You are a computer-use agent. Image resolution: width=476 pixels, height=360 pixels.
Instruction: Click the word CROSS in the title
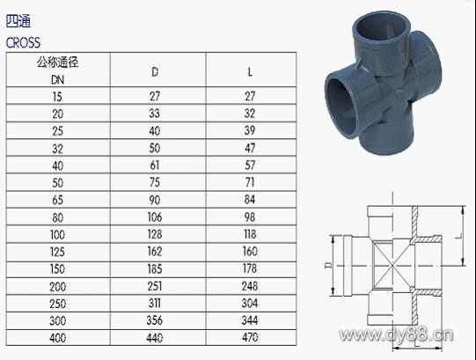(x=23, y=42)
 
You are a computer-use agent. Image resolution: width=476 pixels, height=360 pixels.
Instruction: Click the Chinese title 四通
(x=18, y=21)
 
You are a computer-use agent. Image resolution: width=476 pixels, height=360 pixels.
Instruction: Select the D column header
(x=155, y=72)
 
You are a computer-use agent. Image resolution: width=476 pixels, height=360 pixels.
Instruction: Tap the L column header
(x=250, y=72)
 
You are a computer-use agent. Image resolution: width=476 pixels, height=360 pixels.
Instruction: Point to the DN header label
(x=58, y=80)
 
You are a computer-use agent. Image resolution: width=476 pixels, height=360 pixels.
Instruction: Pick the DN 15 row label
(x=57, y=97)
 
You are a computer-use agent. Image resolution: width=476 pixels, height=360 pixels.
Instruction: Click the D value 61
(x=155, y=165)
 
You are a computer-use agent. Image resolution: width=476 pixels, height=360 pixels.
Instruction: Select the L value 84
(x=250, y=200)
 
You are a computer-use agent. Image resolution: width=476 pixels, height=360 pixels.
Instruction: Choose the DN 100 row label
(x=57, y=234)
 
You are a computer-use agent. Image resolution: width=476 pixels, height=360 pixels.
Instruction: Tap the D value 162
(x=155, y=252)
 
